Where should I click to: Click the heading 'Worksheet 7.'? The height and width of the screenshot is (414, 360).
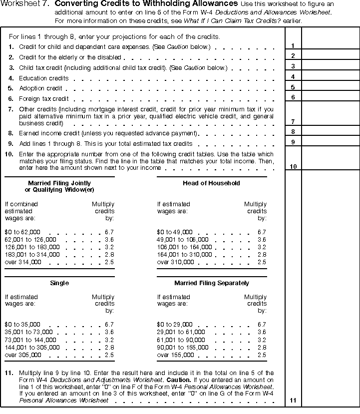click(24, 4)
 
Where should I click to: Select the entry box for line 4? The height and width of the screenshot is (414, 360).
click(330, 76)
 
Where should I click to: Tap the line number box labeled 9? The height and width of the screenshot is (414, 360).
click(293, 142)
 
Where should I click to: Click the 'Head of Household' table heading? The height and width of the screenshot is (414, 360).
click(211, 183)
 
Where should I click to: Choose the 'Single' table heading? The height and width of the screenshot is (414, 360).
click(59, 283)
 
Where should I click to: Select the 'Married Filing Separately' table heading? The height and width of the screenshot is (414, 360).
click(211, 283)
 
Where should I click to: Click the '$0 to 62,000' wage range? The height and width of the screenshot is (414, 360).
click(22, 232)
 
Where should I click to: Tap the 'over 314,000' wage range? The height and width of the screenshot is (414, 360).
click(23, 262)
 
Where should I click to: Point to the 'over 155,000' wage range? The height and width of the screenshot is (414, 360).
click(175, 355)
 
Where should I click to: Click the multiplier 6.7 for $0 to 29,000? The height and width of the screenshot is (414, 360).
click(262, 325)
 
